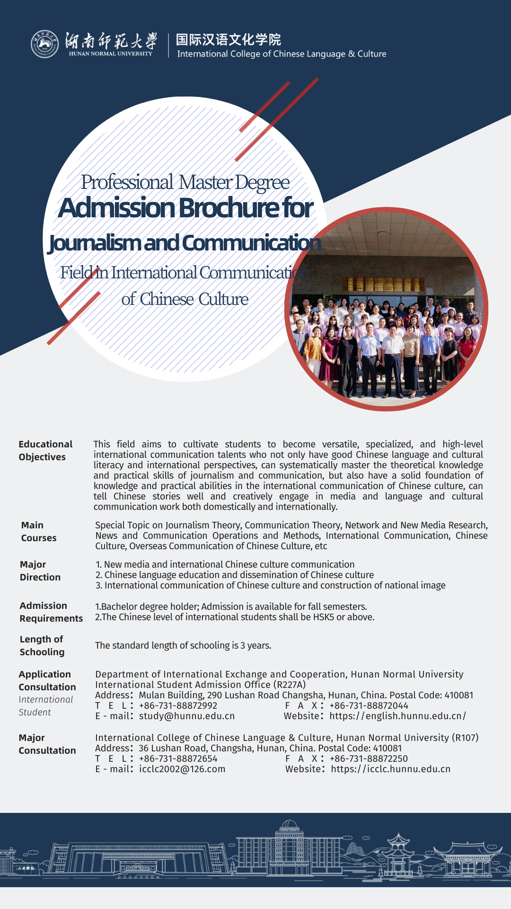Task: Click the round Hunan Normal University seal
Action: tap(44, 44)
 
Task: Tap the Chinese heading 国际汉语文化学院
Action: tap(228, 40)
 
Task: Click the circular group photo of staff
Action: tap(386, 310)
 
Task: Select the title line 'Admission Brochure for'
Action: tap(185, 208)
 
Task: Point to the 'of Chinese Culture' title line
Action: tap(185, 299)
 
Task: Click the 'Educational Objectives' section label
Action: tap(45, 450)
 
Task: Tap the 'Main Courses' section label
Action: tap(38, 531)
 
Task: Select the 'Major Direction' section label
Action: tap(40, 570)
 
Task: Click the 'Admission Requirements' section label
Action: tap(51, 612)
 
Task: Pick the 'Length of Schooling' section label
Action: tap(42, 645)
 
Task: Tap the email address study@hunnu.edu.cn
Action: tap(187, 716)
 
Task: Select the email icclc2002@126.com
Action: tap(182, 769)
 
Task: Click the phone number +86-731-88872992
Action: tap(178, 705)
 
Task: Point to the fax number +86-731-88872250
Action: tap(369, 758)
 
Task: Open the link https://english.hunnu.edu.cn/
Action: tap(397, 716)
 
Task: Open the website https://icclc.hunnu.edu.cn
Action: tap(390, 769)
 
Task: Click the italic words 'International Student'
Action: tap(45, 705)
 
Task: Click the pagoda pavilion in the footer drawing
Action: tap(398, 852)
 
